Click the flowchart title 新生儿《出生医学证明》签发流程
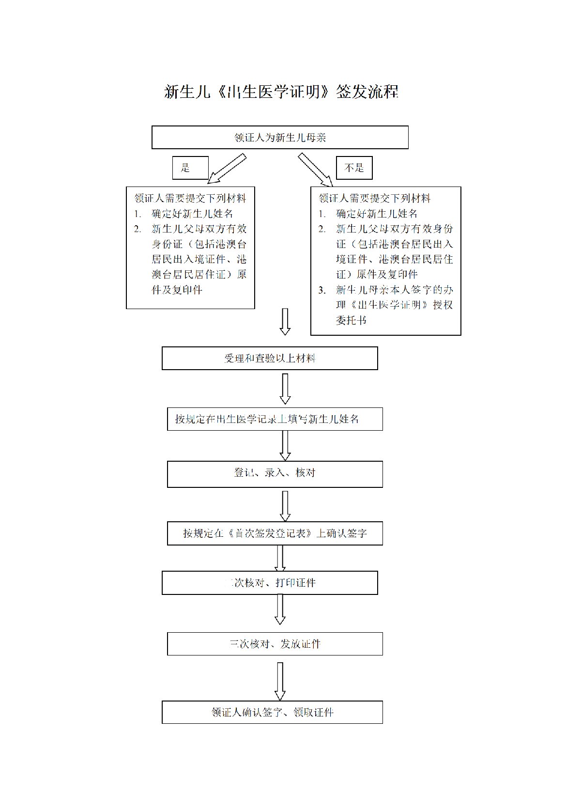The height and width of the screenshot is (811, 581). point(281,92)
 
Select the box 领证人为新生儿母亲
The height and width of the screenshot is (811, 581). point(280,138)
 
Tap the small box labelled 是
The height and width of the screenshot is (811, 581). point(190,168)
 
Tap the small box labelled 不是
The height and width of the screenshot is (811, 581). point(354,168)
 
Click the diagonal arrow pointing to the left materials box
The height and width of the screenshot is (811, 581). point(227,170)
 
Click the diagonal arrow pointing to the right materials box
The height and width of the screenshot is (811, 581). point(315,170)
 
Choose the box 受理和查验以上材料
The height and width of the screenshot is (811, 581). point(270,359)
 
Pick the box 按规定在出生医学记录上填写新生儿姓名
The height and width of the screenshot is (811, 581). point(275,419)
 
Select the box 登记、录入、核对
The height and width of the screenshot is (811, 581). point(275,473)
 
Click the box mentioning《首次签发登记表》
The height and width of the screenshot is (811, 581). point(275,533)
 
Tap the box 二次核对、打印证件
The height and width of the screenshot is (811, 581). point(270,583)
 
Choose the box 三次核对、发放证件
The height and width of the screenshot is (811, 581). point(275,644)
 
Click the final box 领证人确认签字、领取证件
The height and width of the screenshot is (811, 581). point(272,712)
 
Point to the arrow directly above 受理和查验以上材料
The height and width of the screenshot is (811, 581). point(285,322)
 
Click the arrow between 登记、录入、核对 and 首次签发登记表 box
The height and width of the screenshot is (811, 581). point(285,506)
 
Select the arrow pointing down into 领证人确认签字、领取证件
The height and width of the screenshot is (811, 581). point(280,681)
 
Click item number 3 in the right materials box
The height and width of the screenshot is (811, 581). point(322,290)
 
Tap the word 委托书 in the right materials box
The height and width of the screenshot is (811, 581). point(351,320)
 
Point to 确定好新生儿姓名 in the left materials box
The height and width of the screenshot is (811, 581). point(193,214)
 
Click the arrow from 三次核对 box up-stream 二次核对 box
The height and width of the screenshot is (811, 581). point(280,609)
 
